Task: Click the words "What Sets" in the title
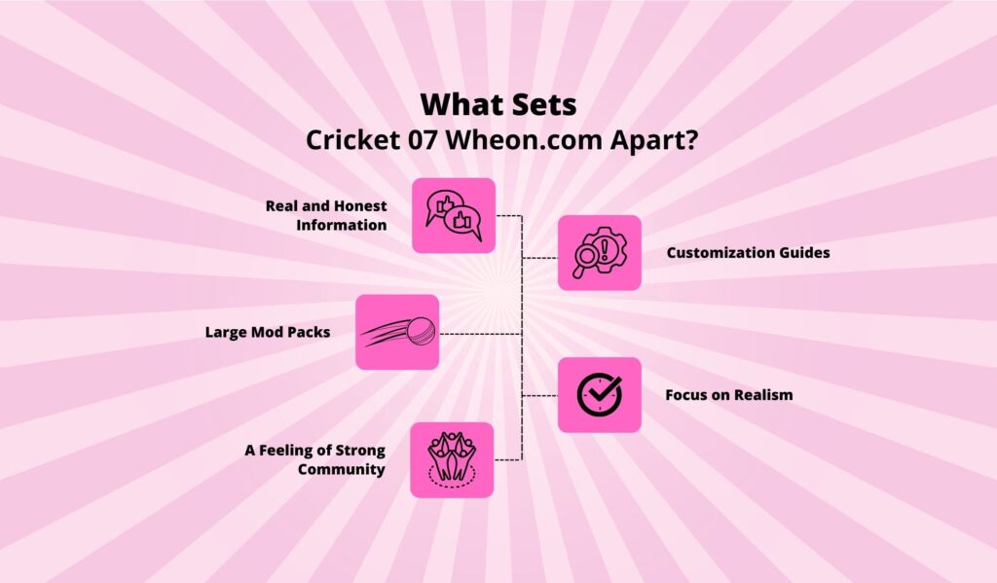coord(498,105)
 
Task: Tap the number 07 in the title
coord(423,140)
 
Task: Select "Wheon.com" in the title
coord(523,140)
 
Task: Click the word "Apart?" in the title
coord(653,140)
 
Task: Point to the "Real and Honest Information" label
coord(326,215)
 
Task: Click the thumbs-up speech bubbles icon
coord(454,215)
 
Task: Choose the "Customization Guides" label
coord(748,252)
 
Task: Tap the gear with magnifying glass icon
coord(600,252)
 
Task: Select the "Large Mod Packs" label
coord(267,332)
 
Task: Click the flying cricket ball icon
coord(397,332)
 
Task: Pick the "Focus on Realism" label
coord(728,395)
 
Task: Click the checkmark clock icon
coord(600,395)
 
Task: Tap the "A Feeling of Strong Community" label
coord(314,459)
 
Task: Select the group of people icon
coord(452,459)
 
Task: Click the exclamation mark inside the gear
coord(604,246)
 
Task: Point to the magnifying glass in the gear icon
coord(585,261)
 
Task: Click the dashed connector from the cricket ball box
coord(481,333)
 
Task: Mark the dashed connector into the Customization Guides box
coord(540,258)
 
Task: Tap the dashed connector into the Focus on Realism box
coord(540,395)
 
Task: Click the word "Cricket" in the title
coord(352,140)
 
